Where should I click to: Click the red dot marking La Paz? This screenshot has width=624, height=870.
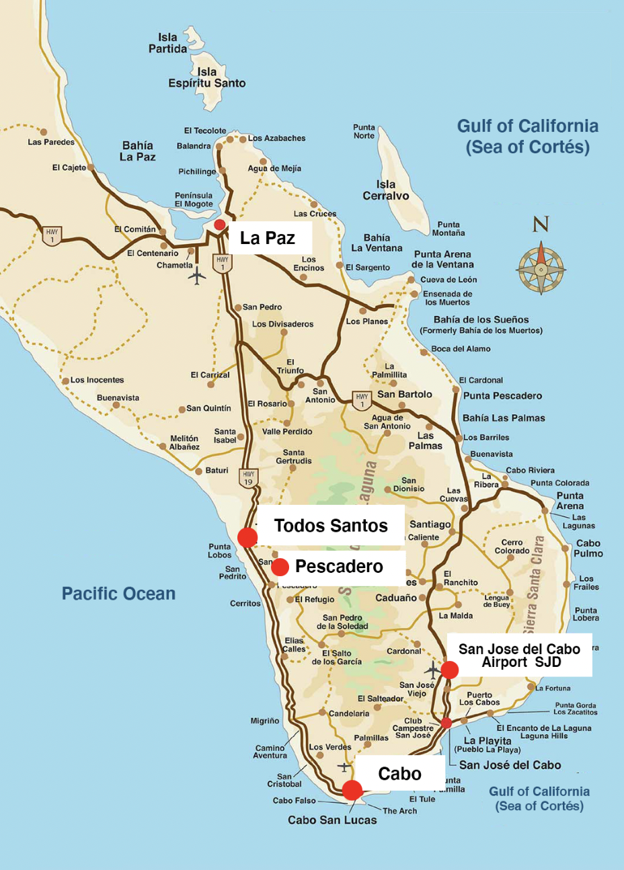click(219, 225)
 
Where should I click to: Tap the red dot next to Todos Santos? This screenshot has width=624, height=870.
click(247, 537)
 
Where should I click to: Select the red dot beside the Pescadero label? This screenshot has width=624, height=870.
click(280, 567)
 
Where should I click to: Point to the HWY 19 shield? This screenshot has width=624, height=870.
click(248, 478)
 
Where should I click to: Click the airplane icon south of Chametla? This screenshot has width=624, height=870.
click(196, 276)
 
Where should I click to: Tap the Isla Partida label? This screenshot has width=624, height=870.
click(167, 43)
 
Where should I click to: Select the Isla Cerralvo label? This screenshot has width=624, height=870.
click(385, 190)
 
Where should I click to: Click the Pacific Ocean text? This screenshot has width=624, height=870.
click(118, 594)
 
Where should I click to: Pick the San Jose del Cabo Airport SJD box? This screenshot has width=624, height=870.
click(519, 655)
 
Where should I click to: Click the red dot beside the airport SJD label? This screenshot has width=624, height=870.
click(449, 670)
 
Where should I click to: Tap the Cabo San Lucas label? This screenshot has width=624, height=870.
click(332, 820)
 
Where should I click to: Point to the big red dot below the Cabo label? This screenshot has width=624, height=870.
click(352, 790)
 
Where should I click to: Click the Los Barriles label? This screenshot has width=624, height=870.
click(486, 438)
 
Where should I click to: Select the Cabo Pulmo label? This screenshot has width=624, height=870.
click(588, 548)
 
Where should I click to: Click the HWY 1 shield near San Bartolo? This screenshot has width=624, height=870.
click(362, 400)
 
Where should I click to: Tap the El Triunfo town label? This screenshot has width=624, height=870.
click(290, 366)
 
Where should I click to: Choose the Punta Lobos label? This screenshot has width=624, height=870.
click(220, 551)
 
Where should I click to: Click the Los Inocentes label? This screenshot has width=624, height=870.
click(97, 380)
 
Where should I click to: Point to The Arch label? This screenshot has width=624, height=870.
click(399, 811)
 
